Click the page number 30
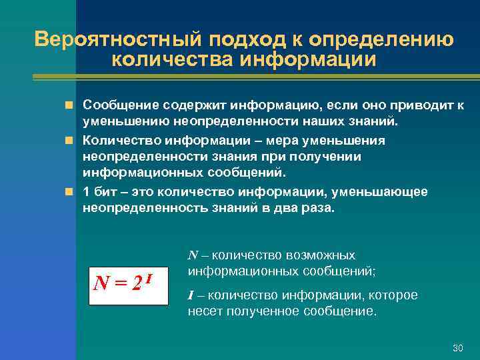[x=457, y=348]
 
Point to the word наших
[x=321, y=122]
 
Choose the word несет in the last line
[x=204, y=311]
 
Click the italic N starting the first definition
[x=193, y=255]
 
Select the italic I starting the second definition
[x=191, y=295]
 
